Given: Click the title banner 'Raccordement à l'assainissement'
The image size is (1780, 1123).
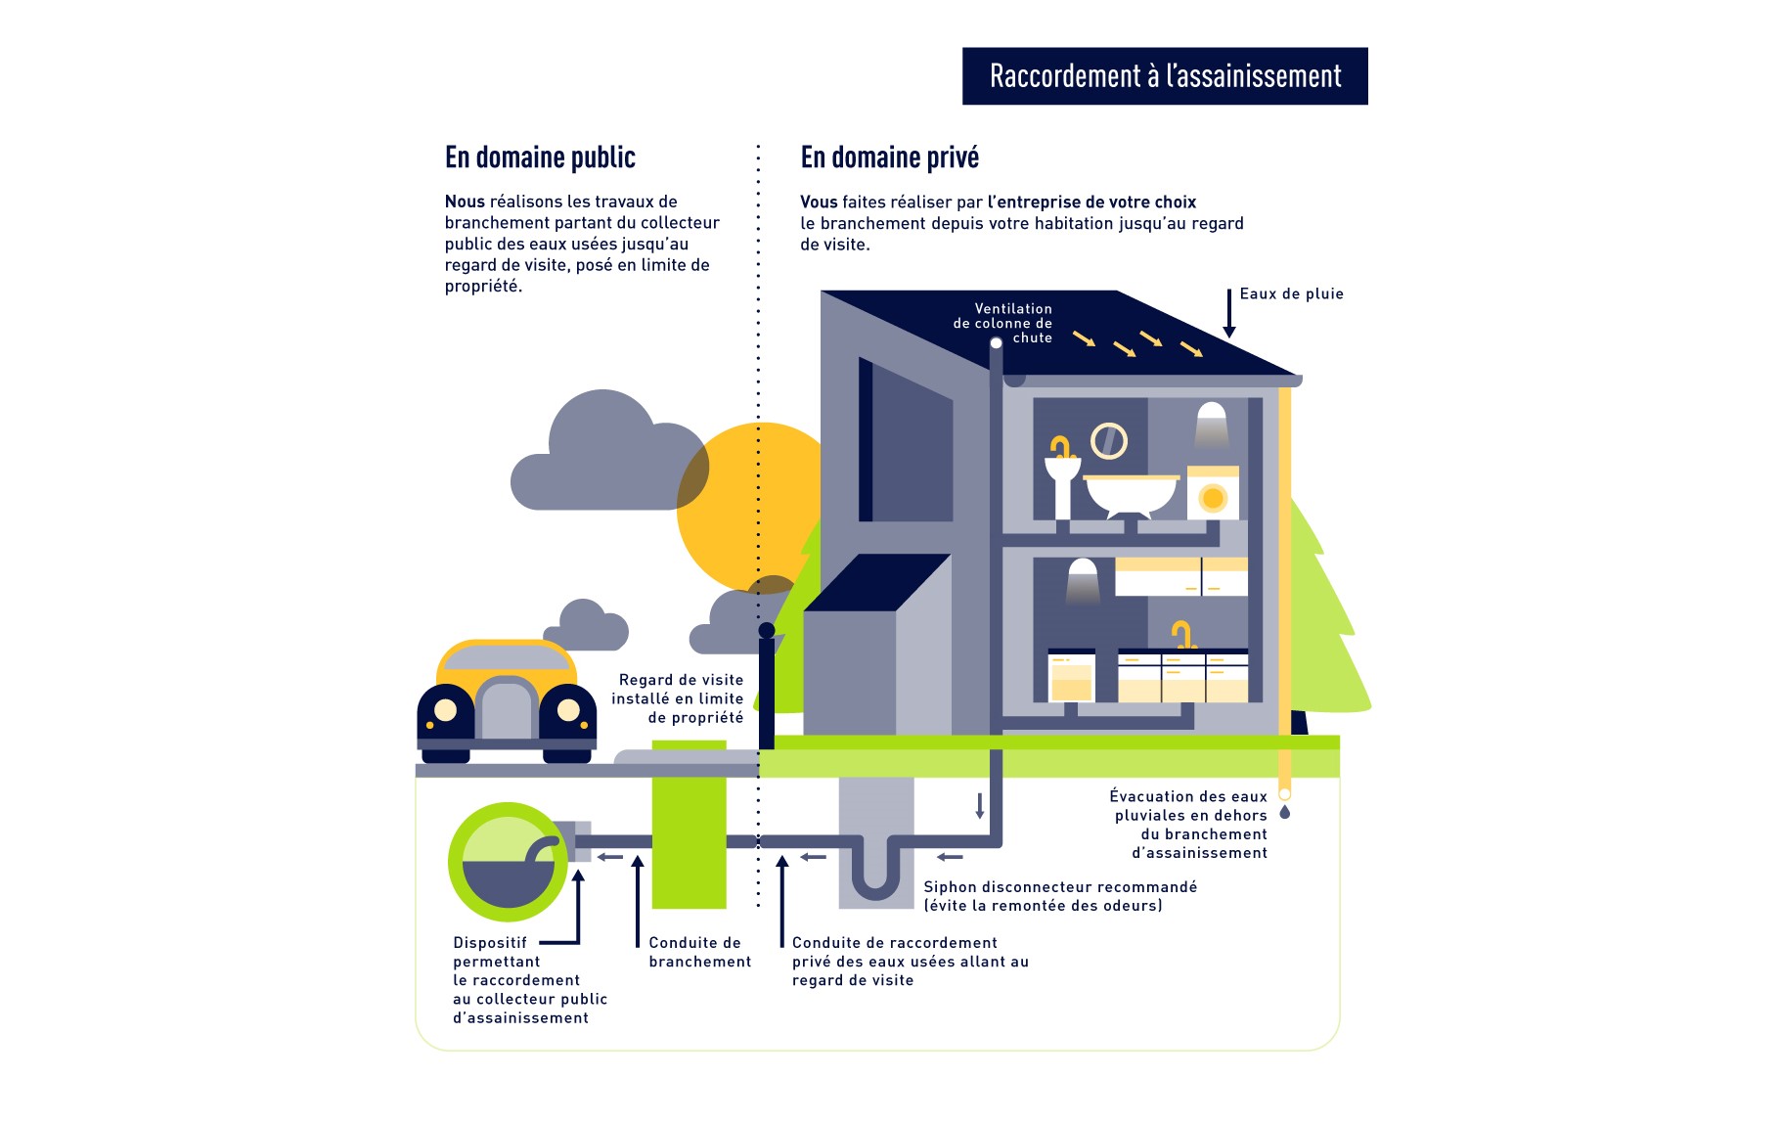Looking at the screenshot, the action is coord(1165,76).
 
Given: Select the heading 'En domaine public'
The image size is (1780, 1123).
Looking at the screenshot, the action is coord(540,157).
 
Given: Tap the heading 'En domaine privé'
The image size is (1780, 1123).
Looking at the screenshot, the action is coord(889,157).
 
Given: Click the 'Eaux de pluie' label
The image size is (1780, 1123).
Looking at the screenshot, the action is coord(1291,293).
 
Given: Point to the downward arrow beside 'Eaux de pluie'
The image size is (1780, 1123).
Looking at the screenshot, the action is coord(1229,313).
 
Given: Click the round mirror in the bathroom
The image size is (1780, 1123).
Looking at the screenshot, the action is coord(1109,440).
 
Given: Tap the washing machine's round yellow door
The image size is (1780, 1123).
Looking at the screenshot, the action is coord(1213,498).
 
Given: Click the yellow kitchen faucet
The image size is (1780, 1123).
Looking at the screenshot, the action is coord(1184,635).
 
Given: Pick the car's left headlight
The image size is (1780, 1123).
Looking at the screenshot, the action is coord(445,710).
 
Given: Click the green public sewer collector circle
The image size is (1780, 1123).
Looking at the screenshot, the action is coord(508,862).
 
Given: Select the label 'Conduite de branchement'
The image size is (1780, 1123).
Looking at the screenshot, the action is coord(700,952).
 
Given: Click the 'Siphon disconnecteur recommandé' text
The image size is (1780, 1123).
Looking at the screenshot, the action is coord(1060,887).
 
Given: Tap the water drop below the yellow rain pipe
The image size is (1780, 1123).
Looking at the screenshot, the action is coord(1285,811).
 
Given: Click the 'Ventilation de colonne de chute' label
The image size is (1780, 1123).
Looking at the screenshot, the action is coord(1002,323).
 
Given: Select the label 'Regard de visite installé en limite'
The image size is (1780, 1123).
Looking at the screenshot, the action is coord(677,690).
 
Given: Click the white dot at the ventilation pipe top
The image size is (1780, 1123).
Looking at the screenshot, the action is coord(996,343).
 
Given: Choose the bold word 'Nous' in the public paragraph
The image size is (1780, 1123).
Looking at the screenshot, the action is coord(465,202).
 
